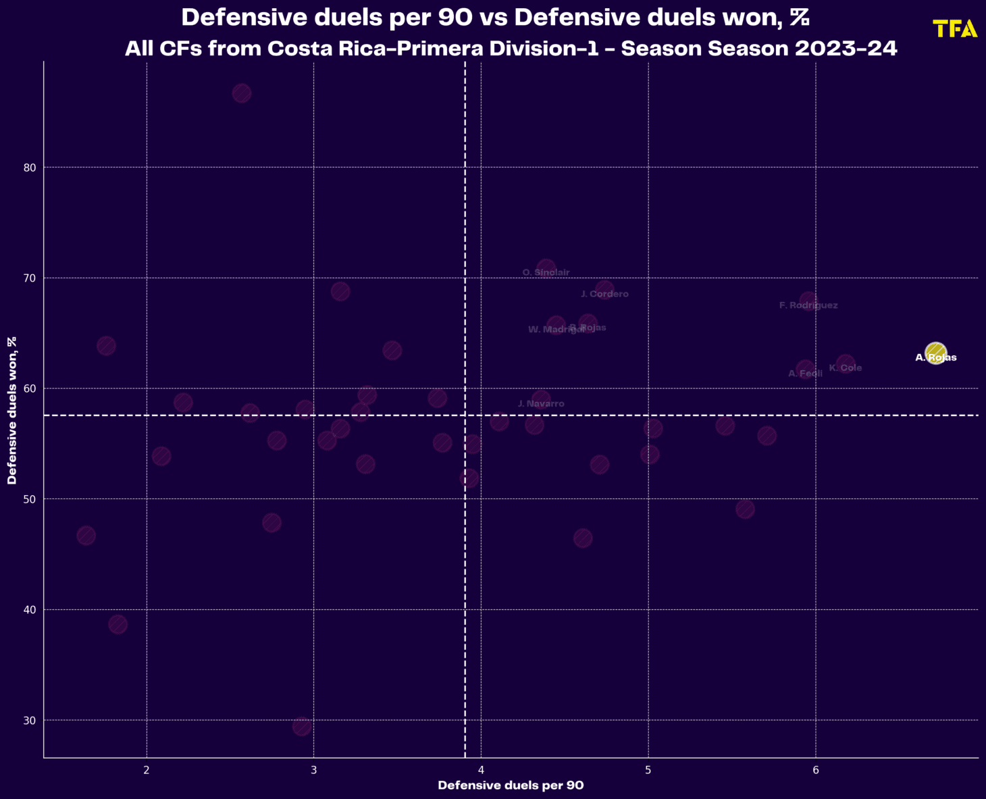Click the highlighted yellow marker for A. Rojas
(935, 353)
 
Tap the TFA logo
(955, 29)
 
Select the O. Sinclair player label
(546, 273)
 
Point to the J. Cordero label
(604, 294)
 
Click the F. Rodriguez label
(808, 306)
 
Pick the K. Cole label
(846, 368)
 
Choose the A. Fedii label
(805, 373)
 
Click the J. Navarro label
(541, 404)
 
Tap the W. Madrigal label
(556, 330)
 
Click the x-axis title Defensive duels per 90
(511, 785)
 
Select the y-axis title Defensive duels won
(12, 410)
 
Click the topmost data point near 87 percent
(242, 93)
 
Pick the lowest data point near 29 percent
(302, 726)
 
